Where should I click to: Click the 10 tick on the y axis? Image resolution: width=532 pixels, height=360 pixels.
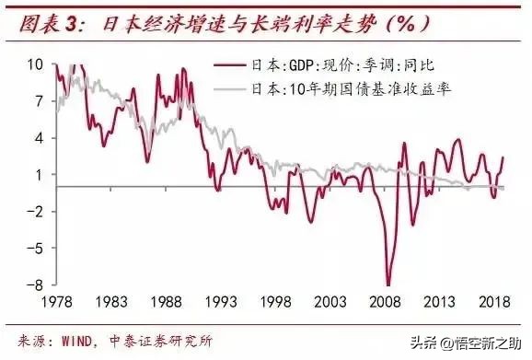pos(35,64)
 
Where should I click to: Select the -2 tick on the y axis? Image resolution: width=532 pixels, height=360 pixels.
pos(35,211)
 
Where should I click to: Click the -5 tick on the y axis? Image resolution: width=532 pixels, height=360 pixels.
pos(35,248)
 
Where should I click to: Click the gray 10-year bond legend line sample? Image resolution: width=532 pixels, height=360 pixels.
pos(229,88)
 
